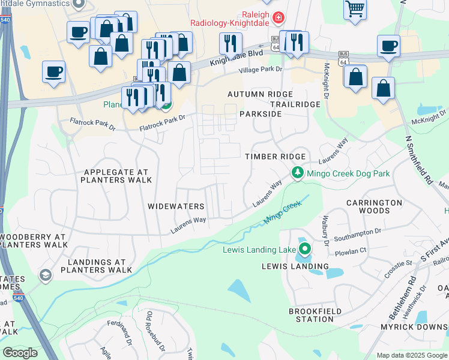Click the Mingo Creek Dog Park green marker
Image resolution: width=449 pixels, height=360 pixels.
(297, 173)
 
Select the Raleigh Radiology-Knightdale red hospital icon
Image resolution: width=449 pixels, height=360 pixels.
(277, 17)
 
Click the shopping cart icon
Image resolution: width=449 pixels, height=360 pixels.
(355, 9)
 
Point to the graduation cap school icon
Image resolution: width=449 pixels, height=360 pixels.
(45, 275)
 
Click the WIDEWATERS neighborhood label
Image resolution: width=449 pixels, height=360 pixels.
(176, 206)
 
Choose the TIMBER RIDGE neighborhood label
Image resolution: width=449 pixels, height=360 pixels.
(275, 156)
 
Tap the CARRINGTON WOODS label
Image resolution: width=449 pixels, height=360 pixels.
(374, 207)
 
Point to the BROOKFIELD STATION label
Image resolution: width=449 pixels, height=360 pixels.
(315, 316)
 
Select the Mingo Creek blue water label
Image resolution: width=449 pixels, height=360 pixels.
(282, 214)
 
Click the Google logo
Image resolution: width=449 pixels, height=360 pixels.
(20, 353)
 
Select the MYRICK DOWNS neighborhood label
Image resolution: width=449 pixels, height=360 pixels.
(414, 327)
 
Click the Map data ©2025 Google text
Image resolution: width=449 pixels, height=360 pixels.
(411, 355)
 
